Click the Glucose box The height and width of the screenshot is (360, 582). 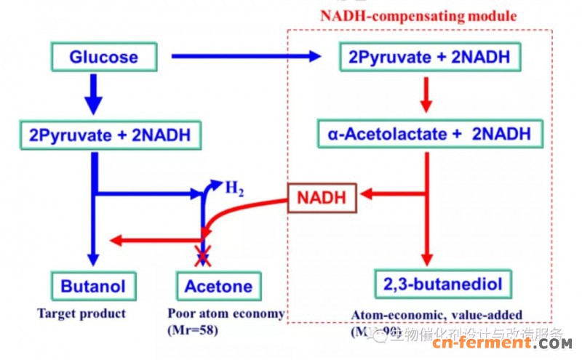point(103,57)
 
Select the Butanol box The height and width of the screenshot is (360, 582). point(92,285)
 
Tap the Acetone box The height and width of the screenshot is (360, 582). point(218,285)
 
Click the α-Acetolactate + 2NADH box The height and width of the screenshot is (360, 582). point(429,134)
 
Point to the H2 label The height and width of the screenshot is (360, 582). point(234,188)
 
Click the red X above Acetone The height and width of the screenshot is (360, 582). point(202,254)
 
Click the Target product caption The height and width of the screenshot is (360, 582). point(81,313)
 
